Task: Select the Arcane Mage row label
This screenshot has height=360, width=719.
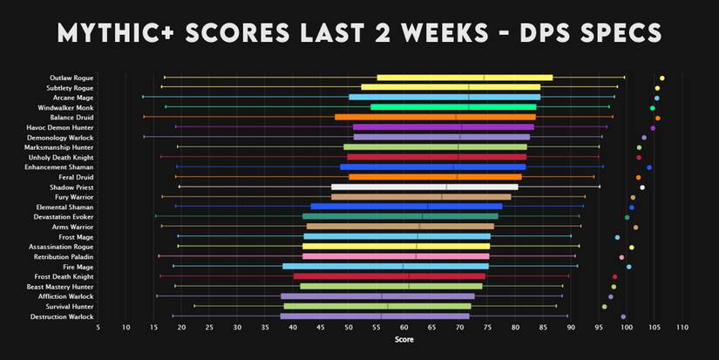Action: [x=72, y=98]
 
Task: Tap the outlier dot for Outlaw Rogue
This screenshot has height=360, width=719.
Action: [x=662, y=78]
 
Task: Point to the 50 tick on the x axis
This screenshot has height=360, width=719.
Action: [x=349, y=328]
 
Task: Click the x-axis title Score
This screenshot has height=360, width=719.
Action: [x=404, y=339]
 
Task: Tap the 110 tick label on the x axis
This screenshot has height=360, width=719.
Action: [x=682, y=328]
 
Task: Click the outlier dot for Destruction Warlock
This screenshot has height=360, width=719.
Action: [x=623, y=316]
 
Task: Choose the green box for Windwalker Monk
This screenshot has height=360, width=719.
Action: [x=453, y=107]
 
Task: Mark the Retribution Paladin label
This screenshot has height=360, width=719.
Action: [x=63, y=257]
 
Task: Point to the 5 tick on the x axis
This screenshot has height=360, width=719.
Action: [x=98, y=328]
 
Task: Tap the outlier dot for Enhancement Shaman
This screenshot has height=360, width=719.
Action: [x=649, y=167]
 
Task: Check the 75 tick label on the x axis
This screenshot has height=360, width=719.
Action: [x=488, y=328]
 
